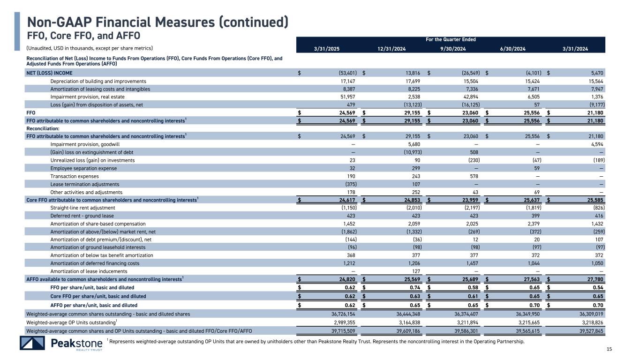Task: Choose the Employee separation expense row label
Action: click(x=83, y=168)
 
